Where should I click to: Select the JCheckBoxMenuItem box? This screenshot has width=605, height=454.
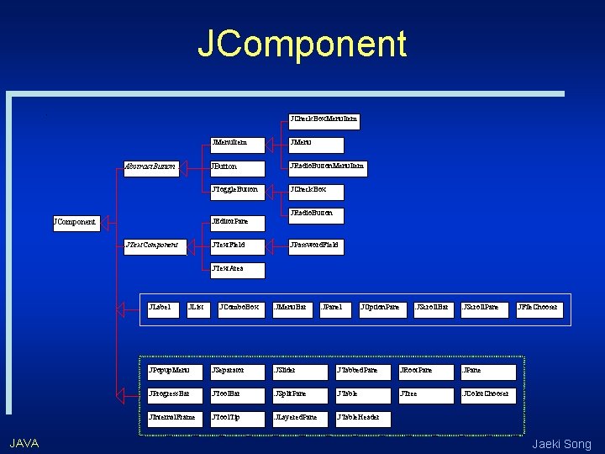click(x=324, y=119)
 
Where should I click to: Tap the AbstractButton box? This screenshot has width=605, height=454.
click(x=151, y=167)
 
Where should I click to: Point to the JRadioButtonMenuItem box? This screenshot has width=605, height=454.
click(x=328, y=167)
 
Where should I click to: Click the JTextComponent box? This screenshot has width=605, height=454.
click(x=152, y=245)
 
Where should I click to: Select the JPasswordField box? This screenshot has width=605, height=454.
click(x=316, y=245)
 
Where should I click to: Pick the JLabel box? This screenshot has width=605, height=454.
click(x=161, y=309)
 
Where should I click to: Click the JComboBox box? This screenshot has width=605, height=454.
click(x=239, y=309)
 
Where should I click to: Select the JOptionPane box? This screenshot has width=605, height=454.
click(x=381, y=309)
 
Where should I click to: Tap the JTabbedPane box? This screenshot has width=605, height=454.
click(x=362, y=370)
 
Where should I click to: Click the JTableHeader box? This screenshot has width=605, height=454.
click(x=362, y=417)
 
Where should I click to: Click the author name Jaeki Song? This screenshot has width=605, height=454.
click(x=561, y=443)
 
